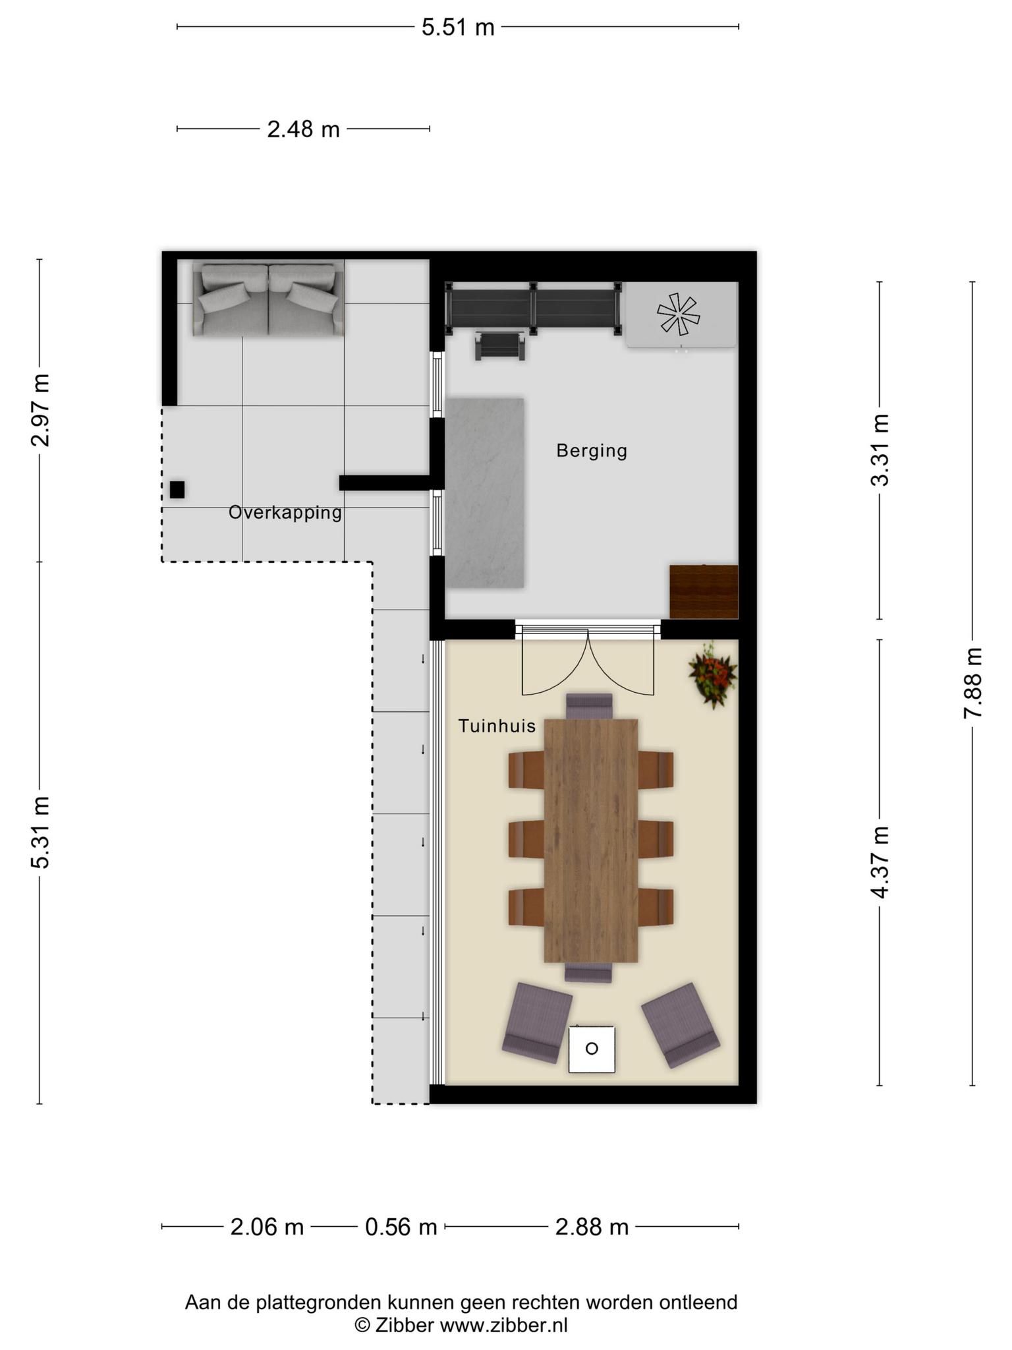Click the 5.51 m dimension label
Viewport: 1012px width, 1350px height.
click(x=458, y=27)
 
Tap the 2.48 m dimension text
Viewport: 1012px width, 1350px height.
click(x=303, y=129)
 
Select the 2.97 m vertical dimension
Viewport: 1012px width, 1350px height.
click(x=40, y=409)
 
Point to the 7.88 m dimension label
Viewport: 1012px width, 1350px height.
click(x=972, y=682)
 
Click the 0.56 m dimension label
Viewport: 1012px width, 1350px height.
click(x=401, y=1227)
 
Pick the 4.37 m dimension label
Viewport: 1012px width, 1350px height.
click(x=880, y=862)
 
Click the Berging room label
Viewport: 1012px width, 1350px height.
click(x=592, y=451)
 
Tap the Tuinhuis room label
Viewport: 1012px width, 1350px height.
click(x=497, y=726)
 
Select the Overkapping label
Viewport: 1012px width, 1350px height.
click(x=285, y=512)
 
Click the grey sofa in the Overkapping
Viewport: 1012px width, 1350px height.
click(x=268, y=299)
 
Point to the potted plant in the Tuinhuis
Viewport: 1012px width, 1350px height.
click(x=712, y=675)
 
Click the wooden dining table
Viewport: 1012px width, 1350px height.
click(x=591, y=840)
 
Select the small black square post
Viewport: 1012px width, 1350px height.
click(x=177, y=490)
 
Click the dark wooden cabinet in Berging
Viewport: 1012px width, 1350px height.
click(x=704, y=591)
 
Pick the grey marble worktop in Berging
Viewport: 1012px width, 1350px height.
click(x=485, y=492)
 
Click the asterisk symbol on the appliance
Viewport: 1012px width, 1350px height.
click(x=677, y=314)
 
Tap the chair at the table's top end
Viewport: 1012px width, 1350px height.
click(x=590, y=706)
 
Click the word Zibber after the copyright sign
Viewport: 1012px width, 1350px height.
click(x=405, y=1325)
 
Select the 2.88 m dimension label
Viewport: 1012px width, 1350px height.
click(x=592, y=1227)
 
